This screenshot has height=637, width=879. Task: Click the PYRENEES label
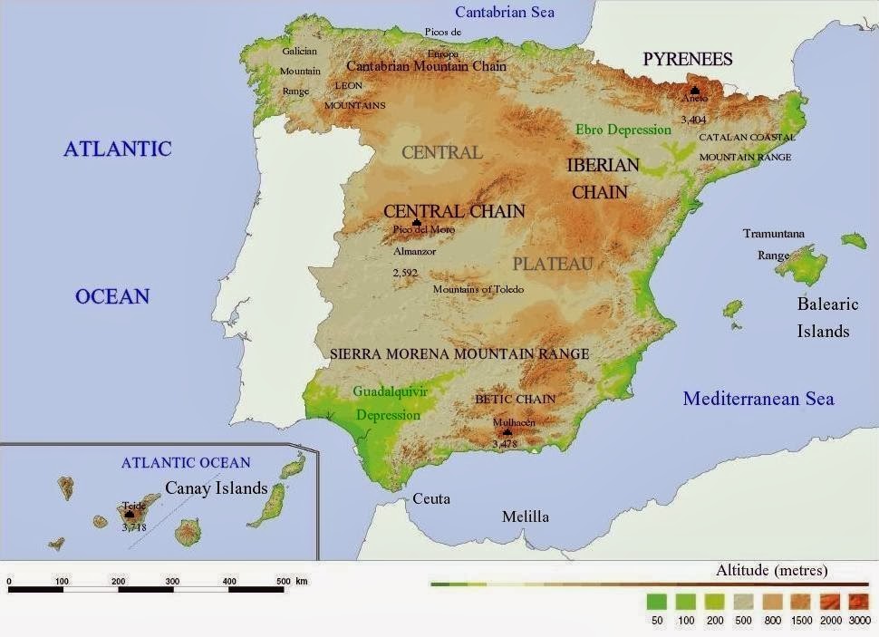(687, 60)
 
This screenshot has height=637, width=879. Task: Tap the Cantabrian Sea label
(504, 12)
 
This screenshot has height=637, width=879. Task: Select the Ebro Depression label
(623, 130)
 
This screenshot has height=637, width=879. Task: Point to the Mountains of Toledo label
(478, 289)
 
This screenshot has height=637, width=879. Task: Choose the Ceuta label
(431, 499)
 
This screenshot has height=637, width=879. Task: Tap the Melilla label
(526, 516)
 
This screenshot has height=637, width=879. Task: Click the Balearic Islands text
(826, 318)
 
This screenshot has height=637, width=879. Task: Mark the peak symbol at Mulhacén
(507, 432)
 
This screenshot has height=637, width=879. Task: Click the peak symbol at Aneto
(694, 91)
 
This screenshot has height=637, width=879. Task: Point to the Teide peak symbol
(130, 515)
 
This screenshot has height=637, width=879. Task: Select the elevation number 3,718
(133, 526)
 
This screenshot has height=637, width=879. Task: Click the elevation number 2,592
(407, 271)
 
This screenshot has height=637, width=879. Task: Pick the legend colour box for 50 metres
(657, 601)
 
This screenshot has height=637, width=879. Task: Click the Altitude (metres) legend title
(771, 571)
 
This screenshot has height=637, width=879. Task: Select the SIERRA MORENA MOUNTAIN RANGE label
(459, 353)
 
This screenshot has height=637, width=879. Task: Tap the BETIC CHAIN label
(516, 399)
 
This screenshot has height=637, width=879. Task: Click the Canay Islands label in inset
(216, 488)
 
